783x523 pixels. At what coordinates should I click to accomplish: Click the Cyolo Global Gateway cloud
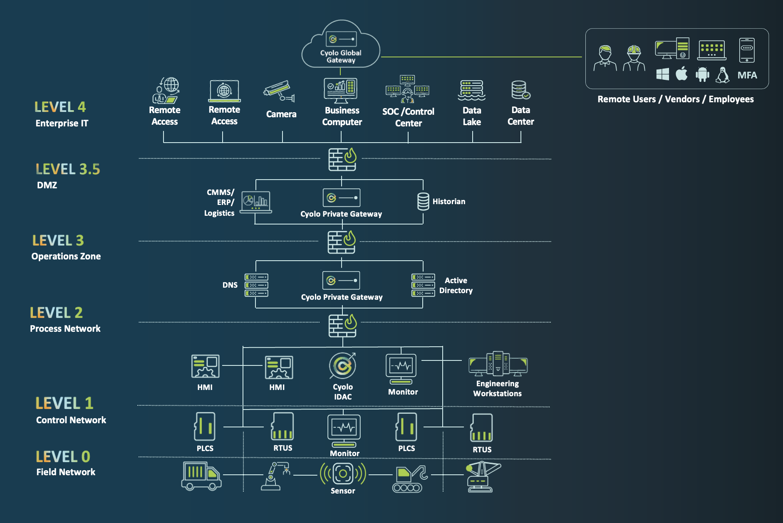point(340,46)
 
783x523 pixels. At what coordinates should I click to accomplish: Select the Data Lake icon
point(471,90)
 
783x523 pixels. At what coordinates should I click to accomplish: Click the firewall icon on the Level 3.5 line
point(342,159)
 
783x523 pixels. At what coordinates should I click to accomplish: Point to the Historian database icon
point(423,201)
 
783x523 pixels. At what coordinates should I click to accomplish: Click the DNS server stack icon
point(256,285)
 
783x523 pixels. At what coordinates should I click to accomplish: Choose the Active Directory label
point(456,286)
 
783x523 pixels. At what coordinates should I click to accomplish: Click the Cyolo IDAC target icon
point(342,365)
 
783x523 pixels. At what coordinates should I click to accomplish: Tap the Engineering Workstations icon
point(498,364)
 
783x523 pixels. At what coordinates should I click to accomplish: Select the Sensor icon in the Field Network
point(343,474)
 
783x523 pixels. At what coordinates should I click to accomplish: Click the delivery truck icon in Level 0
point(201,476)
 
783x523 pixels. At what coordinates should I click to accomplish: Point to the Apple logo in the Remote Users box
point(681,74)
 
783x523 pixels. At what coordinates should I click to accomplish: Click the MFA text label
point(747,75)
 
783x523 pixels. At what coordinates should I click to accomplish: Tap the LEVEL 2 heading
point(56,313)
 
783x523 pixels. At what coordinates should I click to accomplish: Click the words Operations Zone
point(66,257)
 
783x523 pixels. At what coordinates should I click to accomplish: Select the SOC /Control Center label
point(408,117)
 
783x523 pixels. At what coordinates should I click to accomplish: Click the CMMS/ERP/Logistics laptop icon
point(256,202)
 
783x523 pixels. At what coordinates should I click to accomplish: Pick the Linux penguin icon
point(723,75)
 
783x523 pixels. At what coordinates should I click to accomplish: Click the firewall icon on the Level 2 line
point(342,325)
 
